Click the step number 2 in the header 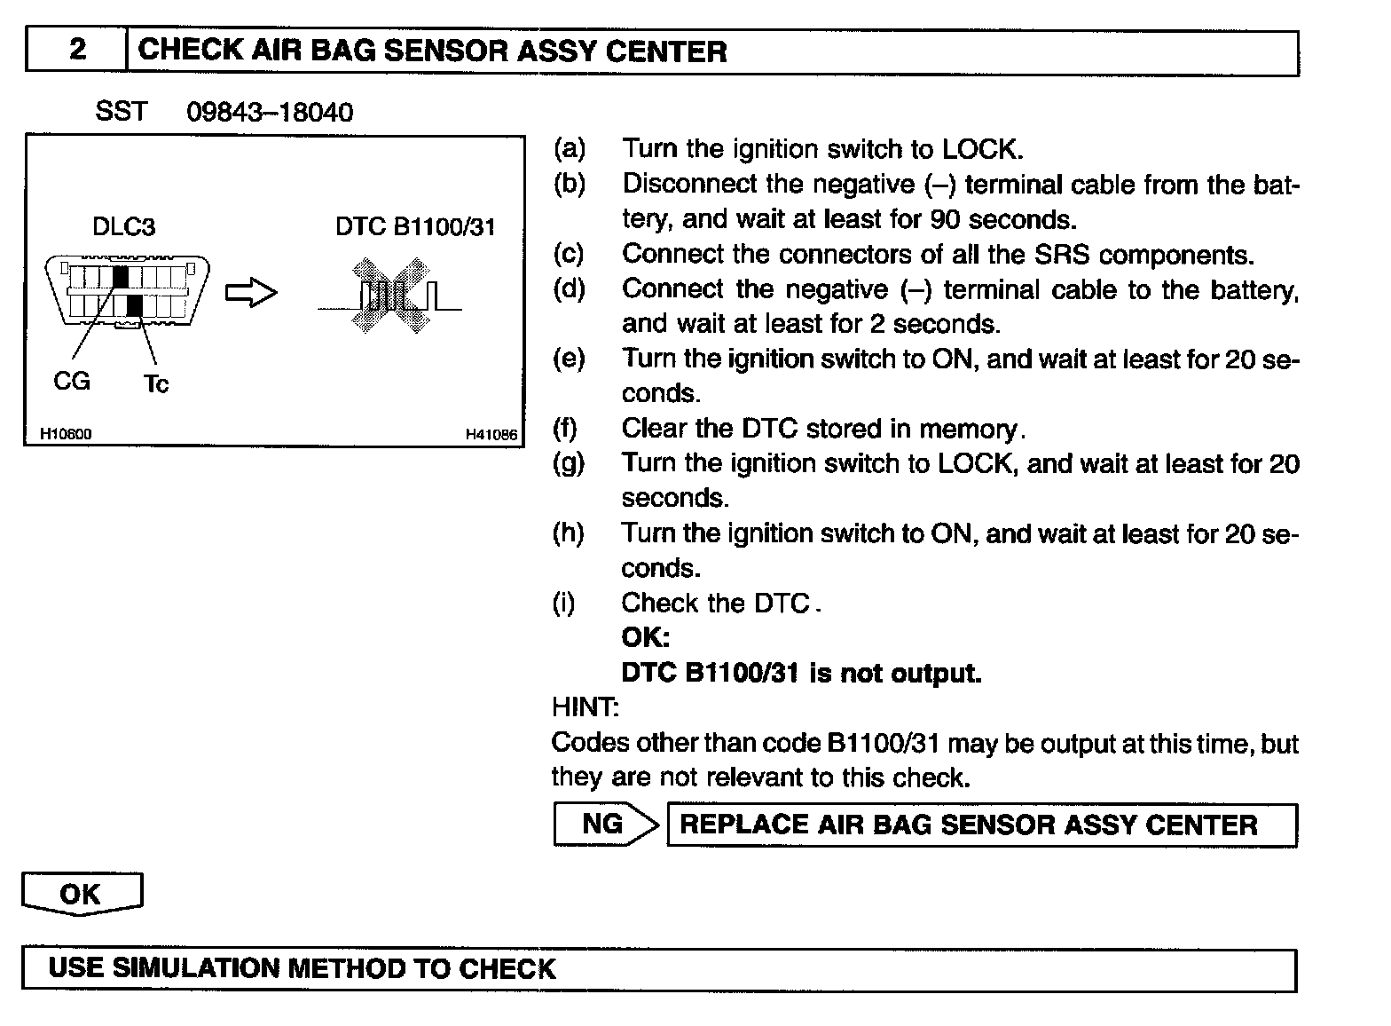pos(77,50)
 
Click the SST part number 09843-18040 pos(270,112)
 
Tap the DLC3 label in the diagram pos(123,227)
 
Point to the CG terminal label pos(72,381)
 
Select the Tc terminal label pos(155,384)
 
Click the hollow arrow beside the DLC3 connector pos(251,294)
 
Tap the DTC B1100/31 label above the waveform pos(414,227)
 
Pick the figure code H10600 pos(66,434)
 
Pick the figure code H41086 pos(491,434)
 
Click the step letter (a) pos(569,148)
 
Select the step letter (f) pos(565,429)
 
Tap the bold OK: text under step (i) pos(645,637)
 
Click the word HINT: pos(585,707)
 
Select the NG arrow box pos(606,825)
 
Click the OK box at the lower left pos(81,894)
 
